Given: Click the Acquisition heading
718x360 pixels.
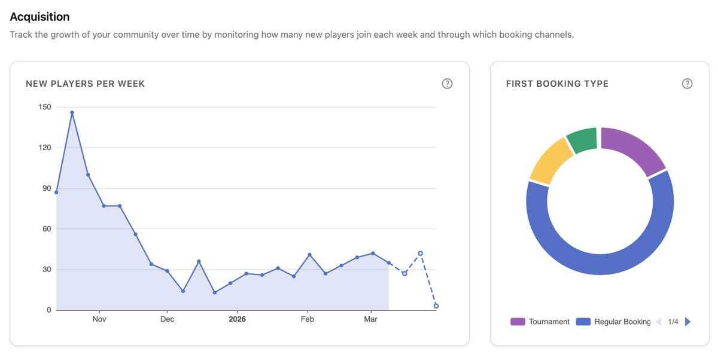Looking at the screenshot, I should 39,17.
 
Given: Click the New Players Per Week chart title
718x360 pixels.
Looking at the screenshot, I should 85,84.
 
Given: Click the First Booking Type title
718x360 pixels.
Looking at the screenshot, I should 557,84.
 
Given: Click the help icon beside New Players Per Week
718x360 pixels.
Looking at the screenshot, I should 447,84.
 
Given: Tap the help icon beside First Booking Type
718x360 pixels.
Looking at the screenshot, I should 687,84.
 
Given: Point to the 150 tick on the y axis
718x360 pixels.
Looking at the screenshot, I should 45,107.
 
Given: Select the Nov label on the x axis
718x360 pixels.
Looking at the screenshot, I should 99,319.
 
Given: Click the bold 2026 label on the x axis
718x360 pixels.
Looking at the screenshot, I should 237,319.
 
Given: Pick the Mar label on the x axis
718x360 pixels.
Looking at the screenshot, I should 371,319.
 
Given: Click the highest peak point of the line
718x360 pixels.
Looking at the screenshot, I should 72,112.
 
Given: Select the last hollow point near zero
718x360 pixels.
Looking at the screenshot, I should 436,306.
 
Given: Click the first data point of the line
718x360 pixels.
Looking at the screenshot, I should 56,192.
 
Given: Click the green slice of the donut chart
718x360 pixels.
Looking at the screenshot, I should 582,139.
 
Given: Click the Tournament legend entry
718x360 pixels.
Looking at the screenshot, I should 540,322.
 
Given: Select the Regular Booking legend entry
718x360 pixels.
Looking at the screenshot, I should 613,322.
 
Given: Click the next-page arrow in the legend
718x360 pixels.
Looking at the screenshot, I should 687,322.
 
